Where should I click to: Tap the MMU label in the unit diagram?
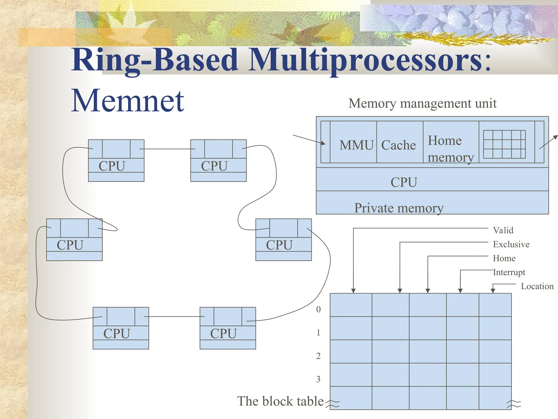coord(356,145)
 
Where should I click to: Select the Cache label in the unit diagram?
coord(398,145)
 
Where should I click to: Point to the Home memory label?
coord(450,149)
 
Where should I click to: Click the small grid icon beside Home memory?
coord(504,144)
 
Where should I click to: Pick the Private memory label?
coord(399,208)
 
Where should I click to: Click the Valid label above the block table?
coord(503,230)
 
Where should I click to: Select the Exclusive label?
coord(511,244)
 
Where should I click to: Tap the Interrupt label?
coord(509,272)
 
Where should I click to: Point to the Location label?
coord(537,286)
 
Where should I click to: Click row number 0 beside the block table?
coord(318,309)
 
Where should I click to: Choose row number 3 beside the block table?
coord(318,379)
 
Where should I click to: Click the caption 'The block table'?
coord(280,401)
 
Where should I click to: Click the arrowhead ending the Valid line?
coord(353,291)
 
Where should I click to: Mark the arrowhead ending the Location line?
coord(493,291)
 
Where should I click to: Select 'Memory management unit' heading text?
coord(422,103)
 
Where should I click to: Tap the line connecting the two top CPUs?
coord(167,149)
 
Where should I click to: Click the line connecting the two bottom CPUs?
coord(174,316)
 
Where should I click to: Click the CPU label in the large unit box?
coord(404,182)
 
